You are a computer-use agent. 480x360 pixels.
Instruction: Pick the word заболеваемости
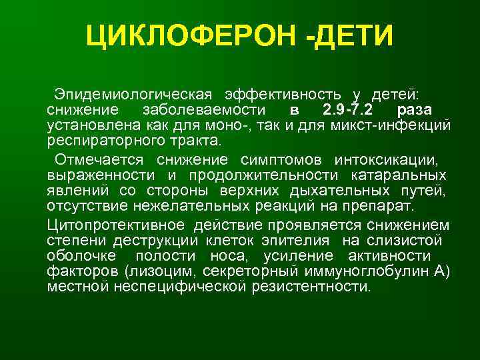pos(198,109)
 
